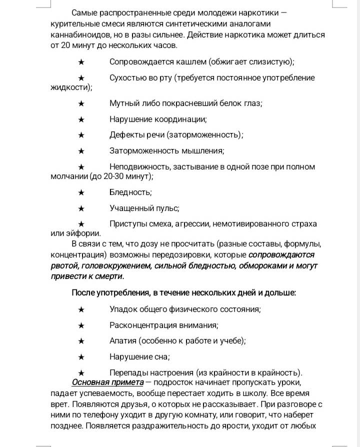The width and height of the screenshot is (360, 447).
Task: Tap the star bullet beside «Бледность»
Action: [x=81, y=192]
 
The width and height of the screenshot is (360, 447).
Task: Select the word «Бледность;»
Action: [x=130, y=192]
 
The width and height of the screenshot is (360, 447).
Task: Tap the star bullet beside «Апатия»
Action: [x=81, y=341]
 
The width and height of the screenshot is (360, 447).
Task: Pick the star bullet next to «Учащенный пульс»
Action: [x=81, y=208]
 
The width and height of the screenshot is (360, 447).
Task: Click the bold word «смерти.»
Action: [x=108, y=276]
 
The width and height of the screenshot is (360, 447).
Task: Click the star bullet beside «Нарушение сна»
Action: [x=81, y=357]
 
